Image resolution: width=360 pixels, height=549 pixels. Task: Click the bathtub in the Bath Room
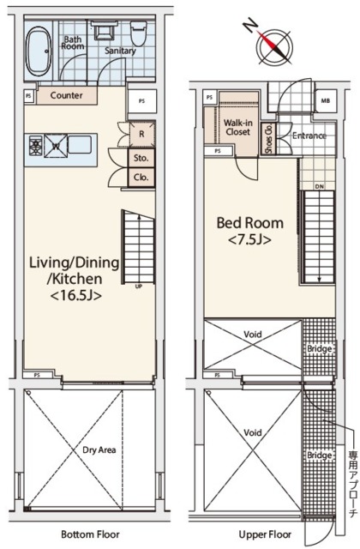(x=39, y=51)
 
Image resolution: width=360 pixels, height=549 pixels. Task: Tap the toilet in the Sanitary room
(x=138, y=33)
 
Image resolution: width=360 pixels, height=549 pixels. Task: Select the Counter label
(x=67, y=95)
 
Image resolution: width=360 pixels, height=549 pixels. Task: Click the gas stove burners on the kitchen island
(x=36, y=145)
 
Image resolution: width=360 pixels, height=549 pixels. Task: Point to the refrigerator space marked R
(x=141, y=134)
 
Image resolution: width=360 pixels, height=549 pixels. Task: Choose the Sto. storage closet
(x=141, y=158)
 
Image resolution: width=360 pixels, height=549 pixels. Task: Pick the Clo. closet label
(x=141, y=178)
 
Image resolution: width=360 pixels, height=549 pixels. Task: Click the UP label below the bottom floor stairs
(x=139, y=287)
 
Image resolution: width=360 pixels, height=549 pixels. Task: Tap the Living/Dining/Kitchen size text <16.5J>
(x=76, y=296)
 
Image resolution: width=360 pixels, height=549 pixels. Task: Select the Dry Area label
(x=99, y=449)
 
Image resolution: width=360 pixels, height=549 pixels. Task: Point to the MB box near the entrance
(x=326, y=101)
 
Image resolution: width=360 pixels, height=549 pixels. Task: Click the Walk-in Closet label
(x=238, y=128)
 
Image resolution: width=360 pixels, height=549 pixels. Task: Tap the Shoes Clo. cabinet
(x=268, y=139)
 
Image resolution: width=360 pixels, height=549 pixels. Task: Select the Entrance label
(x=309, y=136)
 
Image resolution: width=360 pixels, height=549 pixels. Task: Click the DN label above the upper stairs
(x=320, y=187)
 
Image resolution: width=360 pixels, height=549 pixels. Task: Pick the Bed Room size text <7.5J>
(x=249, y=240)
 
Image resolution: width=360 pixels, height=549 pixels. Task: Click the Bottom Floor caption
(x=90, y=534)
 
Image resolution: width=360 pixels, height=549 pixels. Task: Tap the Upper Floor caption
(x=265, y=534)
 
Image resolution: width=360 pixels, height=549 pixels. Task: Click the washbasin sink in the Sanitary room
(x=104, y=31)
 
